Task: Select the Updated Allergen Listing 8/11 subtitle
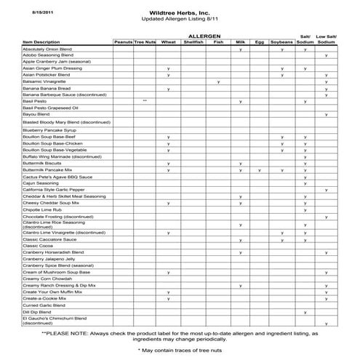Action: pyautogui.click(x=180, y=22)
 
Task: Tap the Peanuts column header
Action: pyautogui.click(x=123, y=42)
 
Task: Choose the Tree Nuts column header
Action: pyautogui.click(x=145, y=42)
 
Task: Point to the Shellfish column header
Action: pyautogui.click(x=193, y=42)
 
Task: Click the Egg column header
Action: pyautogui.click(x=260, y=42)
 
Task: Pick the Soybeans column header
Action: pyautogui.click(x=281, y=42)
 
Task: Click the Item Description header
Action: pyautogui.click(x=41, y=42)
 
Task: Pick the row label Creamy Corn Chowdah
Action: pyautogui.click(x=47, y=279)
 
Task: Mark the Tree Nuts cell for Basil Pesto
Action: pyautogui.click(x=145, y=101)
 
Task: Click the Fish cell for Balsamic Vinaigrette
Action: pyautogui.click(x=218, y=81)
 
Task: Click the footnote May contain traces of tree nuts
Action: pyautogui.click(x=180, y=350)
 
